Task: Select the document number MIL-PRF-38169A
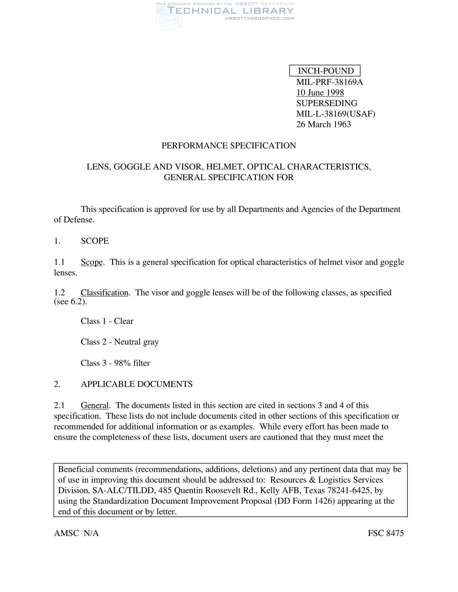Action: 329,82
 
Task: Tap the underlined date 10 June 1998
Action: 320,93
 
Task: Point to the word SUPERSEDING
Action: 327,103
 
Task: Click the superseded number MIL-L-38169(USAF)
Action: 336,114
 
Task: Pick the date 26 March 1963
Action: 323,124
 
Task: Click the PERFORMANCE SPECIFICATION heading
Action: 229,146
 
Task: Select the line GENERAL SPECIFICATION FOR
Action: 229,177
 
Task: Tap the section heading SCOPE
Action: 95,241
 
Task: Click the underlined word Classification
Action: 105,293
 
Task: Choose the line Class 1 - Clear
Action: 107,321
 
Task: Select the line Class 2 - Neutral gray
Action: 120,342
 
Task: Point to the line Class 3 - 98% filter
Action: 115,363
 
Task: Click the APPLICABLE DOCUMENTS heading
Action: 137,384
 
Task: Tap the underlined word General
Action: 95,406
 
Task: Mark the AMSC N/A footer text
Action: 76,533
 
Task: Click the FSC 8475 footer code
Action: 386,533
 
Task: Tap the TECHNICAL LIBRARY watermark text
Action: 230,11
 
